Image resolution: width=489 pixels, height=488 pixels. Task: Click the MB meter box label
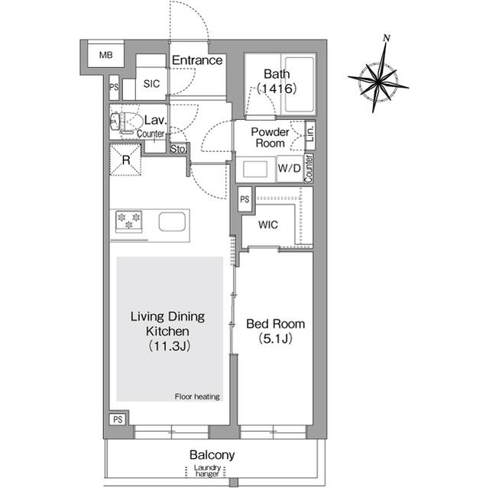coord(106,55)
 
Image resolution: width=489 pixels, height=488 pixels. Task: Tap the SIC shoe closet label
coord(151,83)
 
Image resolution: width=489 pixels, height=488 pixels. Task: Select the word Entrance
coord(197,60)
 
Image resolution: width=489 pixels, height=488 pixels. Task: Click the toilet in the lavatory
coord(125,122)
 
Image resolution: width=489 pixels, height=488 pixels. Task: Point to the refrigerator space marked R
coord(125,160)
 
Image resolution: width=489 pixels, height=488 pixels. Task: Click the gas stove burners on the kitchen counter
coord(129,221)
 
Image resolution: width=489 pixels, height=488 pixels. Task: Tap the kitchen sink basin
coord(172,222)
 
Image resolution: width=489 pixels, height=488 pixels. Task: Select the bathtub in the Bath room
coord(299,84)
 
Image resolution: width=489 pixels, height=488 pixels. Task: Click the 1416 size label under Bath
coord(277,89)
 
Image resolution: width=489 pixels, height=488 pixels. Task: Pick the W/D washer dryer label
coord(290,169)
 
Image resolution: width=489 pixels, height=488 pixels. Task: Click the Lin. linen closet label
coord(310,134)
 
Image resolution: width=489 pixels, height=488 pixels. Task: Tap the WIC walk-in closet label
coord(268,225)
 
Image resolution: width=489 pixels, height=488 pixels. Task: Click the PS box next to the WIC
coord(244,199)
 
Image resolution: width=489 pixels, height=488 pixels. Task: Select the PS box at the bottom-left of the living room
coord(118,419)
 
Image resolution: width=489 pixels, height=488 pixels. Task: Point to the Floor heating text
coord(197,396)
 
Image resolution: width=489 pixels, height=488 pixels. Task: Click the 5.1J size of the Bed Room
coord(275,338)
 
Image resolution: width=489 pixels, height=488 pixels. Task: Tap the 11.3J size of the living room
coord(169,346)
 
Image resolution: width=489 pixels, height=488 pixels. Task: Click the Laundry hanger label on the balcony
coord(207,471)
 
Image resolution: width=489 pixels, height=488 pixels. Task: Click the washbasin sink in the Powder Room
coord(255,170)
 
